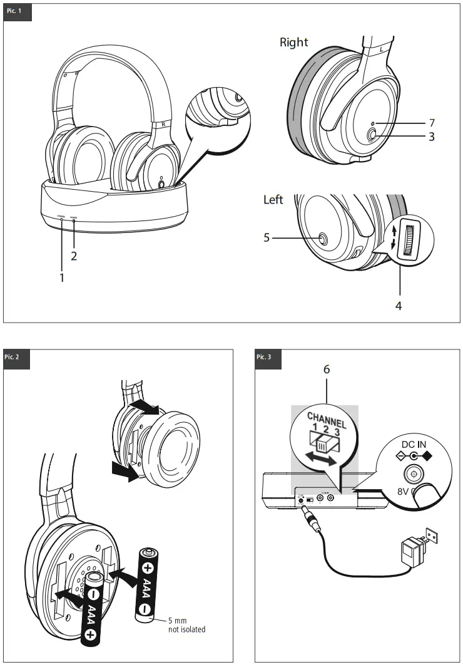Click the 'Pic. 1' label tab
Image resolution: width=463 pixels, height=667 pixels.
(17, 12)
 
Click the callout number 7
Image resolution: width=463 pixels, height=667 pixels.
(432, 123)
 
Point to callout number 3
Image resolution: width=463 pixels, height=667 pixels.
(432, 136)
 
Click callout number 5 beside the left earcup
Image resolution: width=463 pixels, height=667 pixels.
(267, 238)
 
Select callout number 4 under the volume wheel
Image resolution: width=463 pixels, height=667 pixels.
(399, 306)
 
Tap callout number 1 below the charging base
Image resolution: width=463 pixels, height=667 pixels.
(61, 277)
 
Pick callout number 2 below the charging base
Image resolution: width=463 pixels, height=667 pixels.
(74, 256)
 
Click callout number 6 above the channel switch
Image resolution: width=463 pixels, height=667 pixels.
(326, 369)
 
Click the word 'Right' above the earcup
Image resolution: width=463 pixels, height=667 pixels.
(293, 42)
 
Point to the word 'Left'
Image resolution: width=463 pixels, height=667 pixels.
(273, 200)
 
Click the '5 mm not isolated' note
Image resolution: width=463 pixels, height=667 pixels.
(186, 624)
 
